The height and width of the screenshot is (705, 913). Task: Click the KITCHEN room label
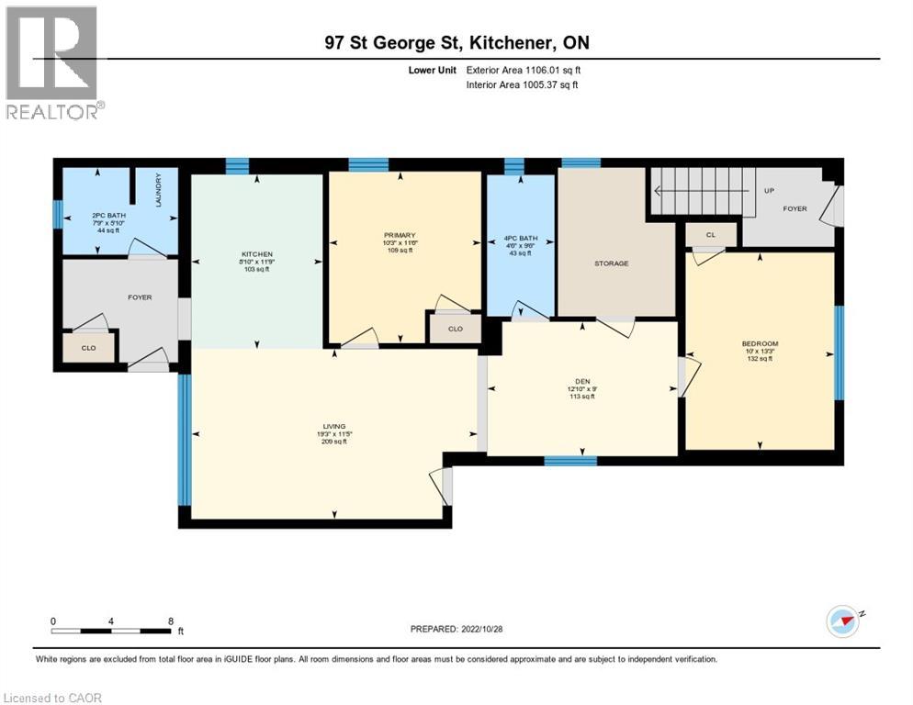(257, 254)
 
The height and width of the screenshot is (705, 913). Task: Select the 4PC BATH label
(520, 241)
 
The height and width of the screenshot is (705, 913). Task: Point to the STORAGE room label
(611, 263)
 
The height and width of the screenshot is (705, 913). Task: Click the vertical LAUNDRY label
(159, 190)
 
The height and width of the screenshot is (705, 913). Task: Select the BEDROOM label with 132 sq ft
(760, 344)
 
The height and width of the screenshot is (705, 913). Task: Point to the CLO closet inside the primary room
(456, 328)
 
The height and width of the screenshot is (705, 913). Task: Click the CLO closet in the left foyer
(89, 347)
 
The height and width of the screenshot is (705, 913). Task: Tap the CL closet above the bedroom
(711, 234)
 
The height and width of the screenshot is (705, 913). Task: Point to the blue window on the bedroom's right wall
(839, 352)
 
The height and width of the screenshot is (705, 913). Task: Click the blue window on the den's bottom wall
(564, 461)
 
